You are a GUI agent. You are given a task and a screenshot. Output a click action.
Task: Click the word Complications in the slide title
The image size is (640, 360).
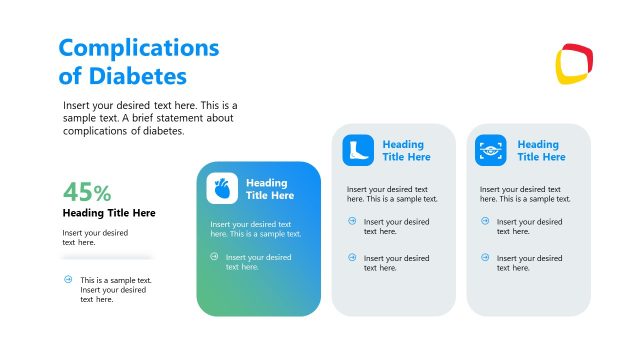138,47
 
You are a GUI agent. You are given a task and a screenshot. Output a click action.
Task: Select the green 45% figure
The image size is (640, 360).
87,192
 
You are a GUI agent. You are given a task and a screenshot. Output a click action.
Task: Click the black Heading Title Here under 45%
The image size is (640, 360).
109,213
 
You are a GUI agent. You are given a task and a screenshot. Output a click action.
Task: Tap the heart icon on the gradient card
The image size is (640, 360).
222,189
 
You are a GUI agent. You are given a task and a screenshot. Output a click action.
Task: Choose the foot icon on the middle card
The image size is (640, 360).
357,150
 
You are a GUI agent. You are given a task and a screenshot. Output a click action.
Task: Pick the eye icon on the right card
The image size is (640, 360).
490,150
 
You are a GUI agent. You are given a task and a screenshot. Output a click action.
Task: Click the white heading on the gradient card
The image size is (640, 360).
268,189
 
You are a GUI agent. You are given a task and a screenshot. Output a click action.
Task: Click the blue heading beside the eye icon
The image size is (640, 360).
540,151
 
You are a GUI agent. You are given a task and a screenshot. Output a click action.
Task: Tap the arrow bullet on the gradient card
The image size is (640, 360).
214,257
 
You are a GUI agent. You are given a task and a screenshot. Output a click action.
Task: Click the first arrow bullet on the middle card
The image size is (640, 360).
352,221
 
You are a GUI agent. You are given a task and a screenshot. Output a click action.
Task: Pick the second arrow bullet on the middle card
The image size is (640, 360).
352,257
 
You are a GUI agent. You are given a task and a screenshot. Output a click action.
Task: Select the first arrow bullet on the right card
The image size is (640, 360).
485,221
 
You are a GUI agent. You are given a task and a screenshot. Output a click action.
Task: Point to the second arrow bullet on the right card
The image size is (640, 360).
485,257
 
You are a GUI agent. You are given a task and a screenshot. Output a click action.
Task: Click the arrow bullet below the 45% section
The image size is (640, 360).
68,280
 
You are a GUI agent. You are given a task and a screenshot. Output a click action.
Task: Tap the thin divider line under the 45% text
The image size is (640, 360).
107,257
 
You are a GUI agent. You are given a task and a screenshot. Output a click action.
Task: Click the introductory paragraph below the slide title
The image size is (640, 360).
150,118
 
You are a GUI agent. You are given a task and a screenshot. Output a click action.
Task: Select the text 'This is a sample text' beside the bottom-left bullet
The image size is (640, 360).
116,280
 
